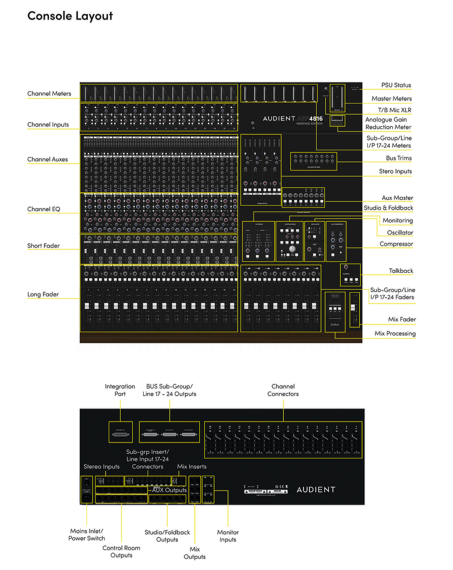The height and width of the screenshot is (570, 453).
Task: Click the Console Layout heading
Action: (x=70, y=16)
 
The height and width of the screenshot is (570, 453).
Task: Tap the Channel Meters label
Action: (x=49, y=93)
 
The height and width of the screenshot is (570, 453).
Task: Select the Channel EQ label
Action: (x=43, y=209)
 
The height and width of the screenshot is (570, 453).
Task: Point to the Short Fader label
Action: (x=43, y=246)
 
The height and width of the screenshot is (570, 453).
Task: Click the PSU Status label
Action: (x=396, y=85)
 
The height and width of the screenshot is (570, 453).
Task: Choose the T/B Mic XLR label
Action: (x=395, y=110)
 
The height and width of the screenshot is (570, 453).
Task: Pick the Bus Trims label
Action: (x=399, y=158)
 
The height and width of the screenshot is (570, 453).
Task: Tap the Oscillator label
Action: (x=400, y=232)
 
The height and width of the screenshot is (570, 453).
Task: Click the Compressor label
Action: (x=396, y=244)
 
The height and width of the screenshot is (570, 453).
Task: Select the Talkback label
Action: (x=401, y=270)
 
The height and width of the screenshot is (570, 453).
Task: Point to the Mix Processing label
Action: (x=395, y=333)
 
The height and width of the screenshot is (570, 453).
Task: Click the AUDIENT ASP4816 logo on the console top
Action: (x=293, y=119)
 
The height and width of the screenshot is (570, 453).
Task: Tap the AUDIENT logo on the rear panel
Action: (x=316, y=490)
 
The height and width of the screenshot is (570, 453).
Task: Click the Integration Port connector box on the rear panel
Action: (x=120, y=432)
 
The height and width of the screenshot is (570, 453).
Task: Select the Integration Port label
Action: (x=120, y=390)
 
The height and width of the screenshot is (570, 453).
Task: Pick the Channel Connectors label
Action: (x=283, y=390)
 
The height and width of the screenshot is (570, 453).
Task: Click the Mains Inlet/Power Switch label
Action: (x=87, y=535)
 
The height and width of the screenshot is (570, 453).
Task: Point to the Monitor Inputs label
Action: (x=228, y=536)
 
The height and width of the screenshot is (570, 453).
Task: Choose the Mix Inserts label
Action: (x=192, y=467)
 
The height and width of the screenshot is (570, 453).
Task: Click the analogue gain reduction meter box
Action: (x=337, y=121)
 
